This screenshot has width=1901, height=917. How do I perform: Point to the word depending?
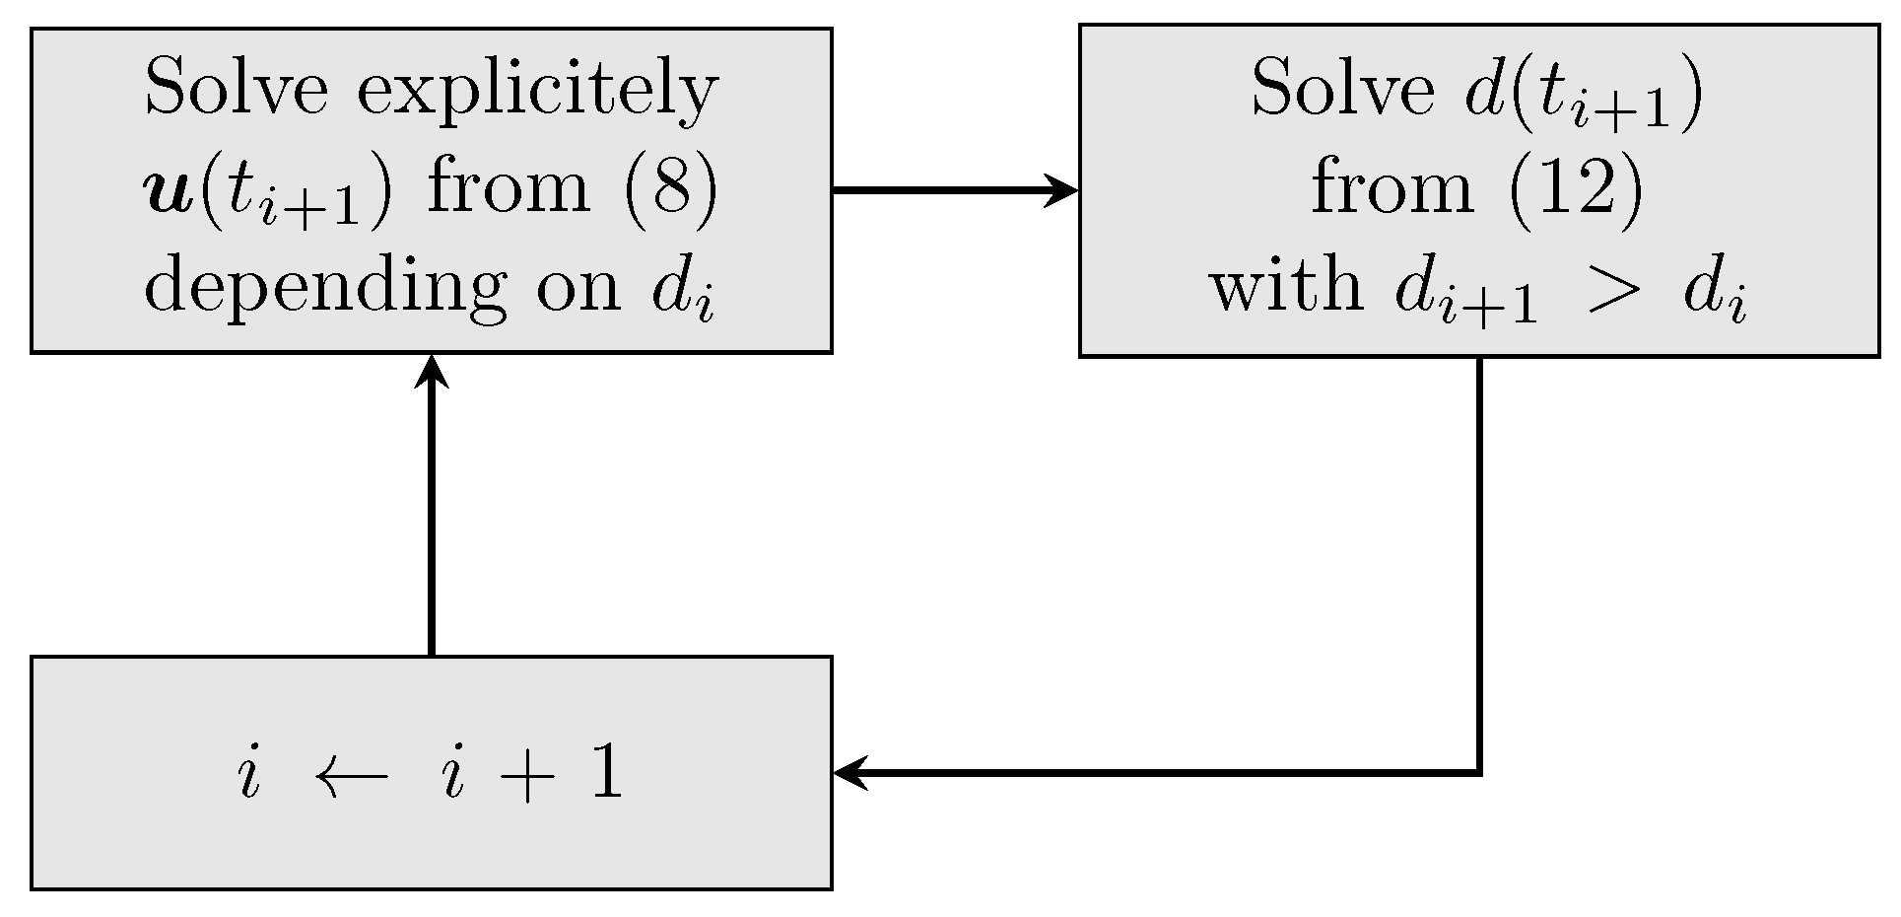point(325,289)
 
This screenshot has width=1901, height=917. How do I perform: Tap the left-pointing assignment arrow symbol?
point(352,776)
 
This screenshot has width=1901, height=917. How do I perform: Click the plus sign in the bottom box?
point(528,776)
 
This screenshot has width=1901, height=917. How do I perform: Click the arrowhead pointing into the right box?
point(1062,189)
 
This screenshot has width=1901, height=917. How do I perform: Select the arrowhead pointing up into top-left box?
point(432,373)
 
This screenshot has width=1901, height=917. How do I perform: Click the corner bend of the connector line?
point(1479,772)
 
